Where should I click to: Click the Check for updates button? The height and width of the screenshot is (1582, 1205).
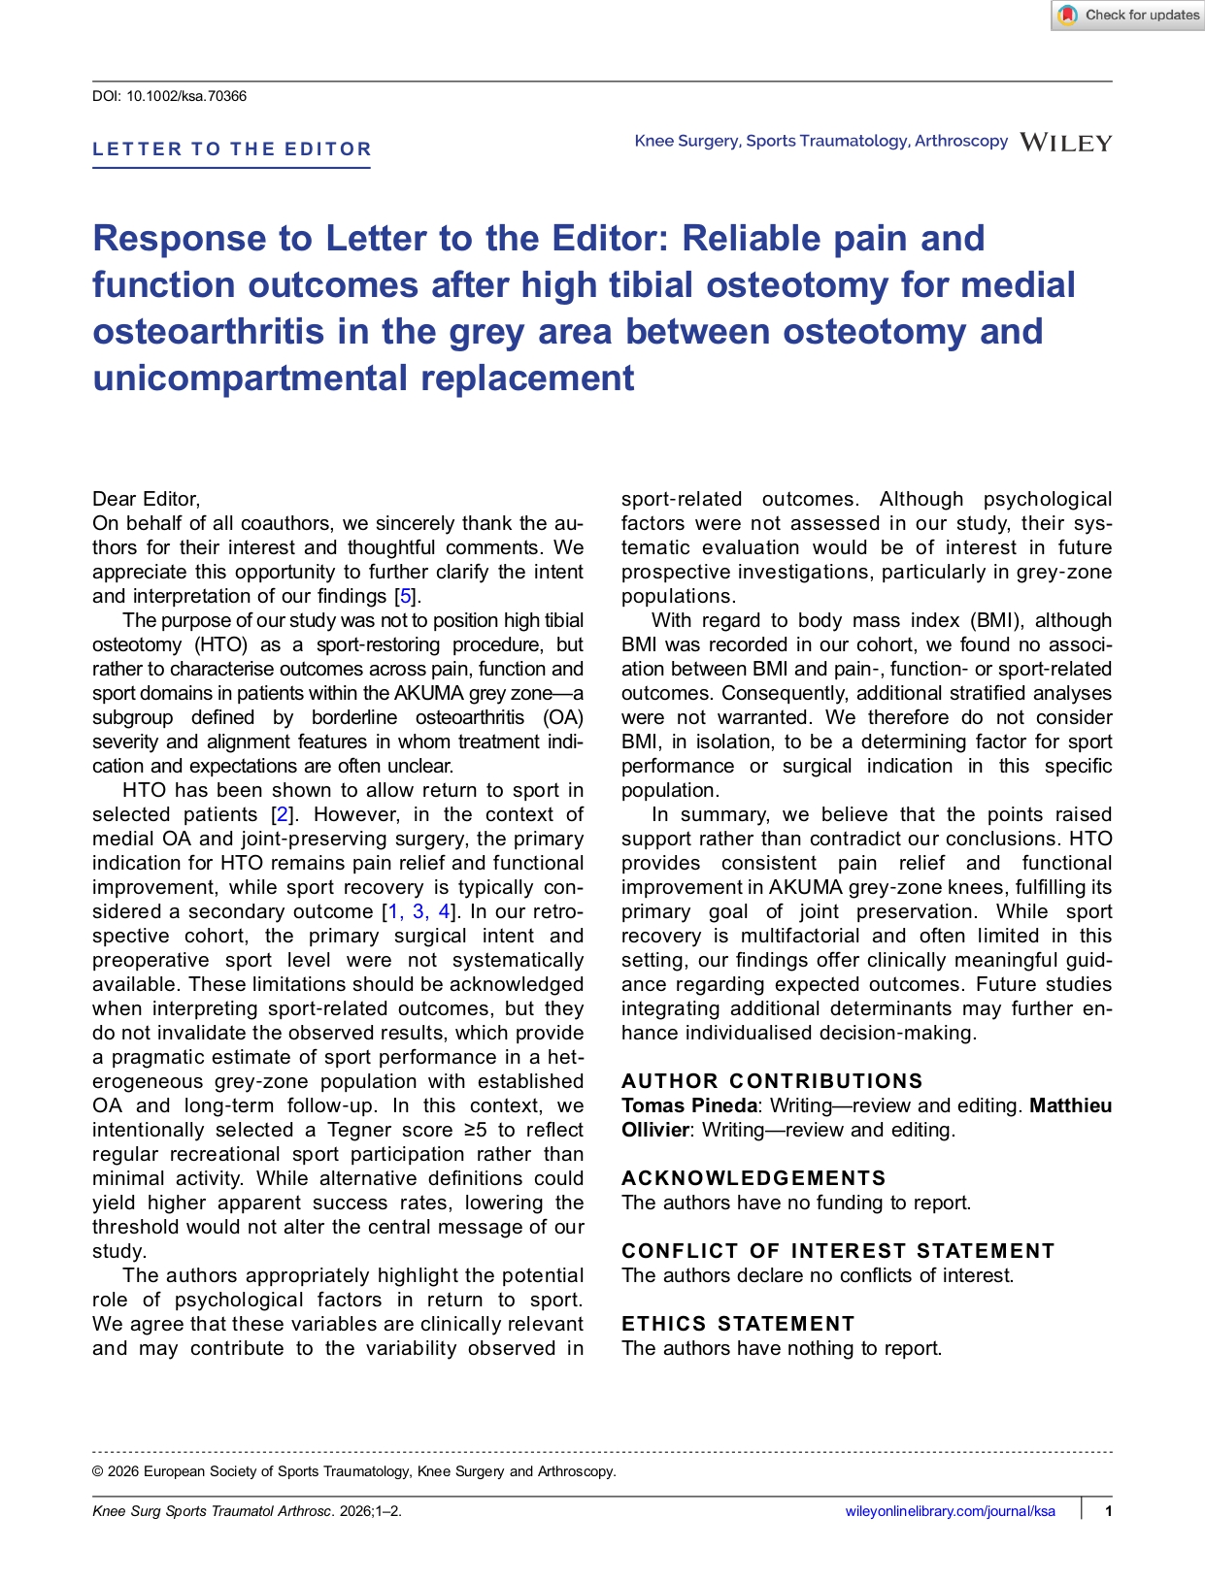click(x=1129, y=16)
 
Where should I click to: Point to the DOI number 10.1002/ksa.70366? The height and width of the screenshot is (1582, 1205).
click(x=186, y=96)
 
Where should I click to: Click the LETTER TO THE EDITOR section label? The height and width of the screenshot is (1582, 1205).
click(x=232, y=149)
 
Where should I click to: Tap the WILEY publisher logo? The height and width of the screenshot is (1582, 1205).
click(x=1066, y=143)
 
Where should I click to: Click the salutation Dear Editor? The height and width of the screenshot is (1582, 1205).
click(x=146, y=499)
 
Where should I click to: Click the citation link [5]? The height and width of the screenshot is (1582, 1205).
click(x=406, y=596)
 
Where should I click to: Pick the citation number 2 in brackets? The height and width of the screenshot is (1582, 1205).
click(x=283, y=814)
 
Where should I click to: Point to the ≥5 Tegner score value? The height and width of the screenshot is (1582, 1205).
click(x=475, y=1130)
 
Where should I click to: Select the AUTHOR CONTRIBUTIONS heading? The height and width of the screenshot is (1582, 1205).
click(x=772, y=1081)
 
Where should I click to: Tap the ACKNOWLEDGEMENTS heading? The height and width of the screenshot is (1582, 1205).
click(x=753, y=1178)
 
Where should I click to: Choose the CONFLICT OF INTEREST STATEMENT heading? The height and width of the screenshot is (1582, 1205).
click(x=838, y=1251)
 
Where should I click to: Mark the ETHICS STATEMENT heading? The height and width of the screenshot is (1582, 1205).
click(x=738, y=1324)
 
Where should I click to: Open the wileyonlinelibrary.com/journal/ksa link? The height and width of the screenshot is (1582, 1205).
click(x=950, y=1510)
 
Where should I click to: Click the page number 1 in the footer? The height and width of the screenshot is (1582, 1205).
click(x=1108, y=1510)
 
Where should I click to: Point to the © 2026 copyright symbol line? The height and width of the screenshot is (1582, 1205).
click(x=353, y=1471)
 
